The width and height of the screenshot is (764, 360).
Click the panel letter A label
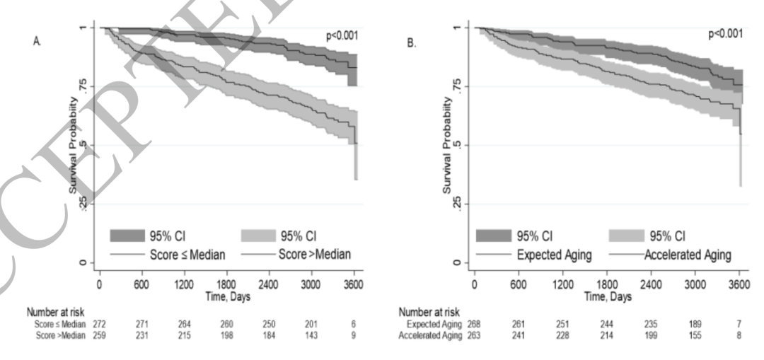click(36, 43)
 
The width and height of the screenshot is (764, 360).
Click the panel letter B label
click(412, 43)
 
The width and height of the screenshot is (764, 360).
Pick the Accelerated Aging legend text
click(689, 254)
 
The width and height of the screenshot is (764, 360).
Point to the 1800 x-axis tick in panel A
click(226, 284)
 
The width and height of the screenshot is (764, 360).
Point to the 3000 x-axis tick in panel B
click(695, 284)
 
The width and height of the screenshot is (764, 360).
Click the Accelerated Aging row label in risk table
click(430, 335)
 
